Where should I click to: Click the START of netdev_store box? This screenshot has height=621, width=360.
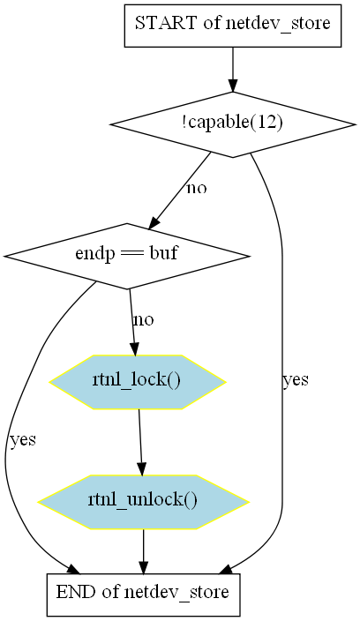(x=233, y=26)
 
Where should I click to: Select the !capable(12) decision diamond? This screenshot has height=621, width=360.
(x=233, y=124)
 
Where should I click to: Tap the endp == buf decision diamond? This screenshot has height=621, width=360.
(x=127, y=256)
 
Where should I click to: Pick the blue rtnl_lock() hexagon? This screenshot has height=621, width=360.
(x=138, y=382)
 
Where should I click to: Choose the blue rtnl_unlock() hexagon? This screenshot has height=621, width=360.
(x=143, y=502)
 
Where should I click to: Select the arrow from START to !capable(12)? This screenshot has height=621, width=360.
(x=233, y=70)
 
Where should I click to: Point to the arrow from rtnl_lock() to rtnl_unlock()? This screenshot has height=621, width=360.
(x=140, y=442)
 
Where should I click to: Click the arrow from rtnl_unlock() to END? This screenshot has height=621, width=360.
(x=143, y=551)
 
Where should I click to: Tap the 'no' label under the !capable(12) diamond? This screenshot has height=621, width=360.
(x=197, y=188)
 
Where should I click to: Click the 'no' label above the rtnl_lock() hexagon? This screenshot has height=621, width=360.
(x=143, y=319)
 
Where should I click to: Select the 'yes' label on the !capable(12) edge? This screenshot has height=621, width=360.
(x=296, y=379)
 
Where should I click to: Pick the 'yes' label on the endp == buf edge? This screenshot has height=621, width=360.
(x=23, y=439)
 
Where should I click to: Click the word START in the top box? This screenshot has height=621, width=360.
(x=167, y=23)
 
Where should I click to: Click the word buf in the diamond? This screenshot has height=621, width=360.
(x=163, y=253)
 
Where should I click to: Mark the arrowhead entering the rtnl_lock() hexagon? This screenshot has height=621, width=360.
(x=135, y=348)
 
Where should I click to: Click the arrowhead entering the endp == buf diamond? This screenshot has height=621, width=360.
(x=154, y=223)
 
